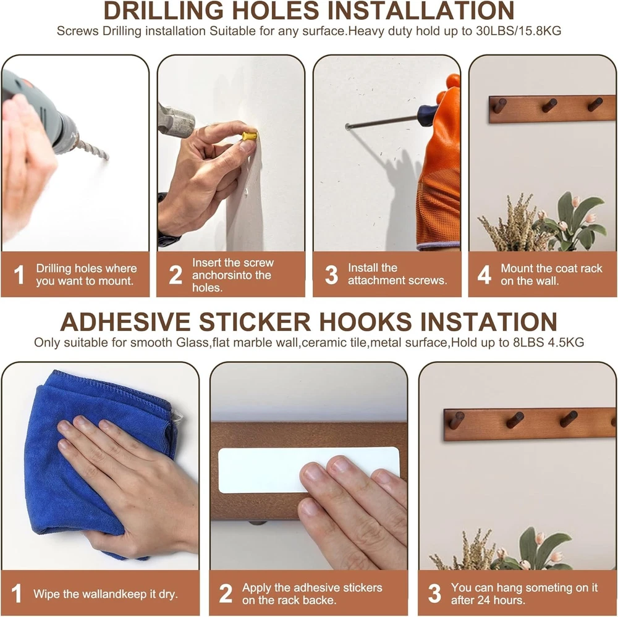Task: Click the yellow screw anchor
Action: (250, 136)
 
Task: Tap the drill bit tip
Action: (107, 158)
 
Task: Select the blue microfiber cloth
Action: (98, 453)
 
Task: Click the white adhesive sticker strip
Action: (309, 469)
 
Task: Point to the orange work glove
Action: (439, 166)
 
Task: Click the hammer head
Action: (176, 118)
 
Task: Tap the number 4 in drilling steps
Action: (484, 274)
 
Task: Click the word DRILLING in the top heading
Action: (163, 10)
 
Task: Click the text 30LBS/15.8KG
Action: (519, 31)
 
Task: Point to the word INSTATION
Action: (489, 322)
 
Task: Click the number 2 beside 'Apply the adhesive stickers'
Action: (226, 594)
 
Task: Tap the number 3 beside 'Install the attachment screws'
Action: (331, 274)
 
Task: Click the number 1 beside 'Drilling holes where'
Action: (19, 274)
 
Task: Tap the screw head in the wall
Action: (347, 127)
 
